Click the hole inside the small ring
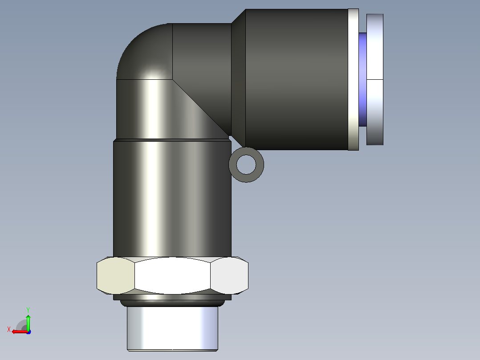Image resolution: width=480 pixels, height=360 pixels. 246,165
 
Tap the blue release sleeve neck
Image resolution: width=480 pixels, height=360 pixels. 363,79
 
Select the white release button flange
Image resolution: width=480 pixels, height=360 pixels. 375,79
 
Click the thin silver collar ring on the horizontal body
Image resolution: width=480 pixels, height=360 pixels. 353,79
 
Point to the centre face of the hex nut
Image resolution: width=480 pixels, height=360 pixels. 172,275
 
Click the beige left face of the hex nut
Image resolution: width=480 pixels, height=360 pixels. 116,275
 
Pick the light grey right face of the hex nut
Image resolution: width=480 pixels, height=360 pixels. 229,275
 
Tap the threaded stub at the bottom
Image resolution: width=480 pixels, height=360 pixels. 172,328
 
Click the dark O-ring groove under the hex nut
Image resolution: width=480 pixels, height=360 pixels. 172,303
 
